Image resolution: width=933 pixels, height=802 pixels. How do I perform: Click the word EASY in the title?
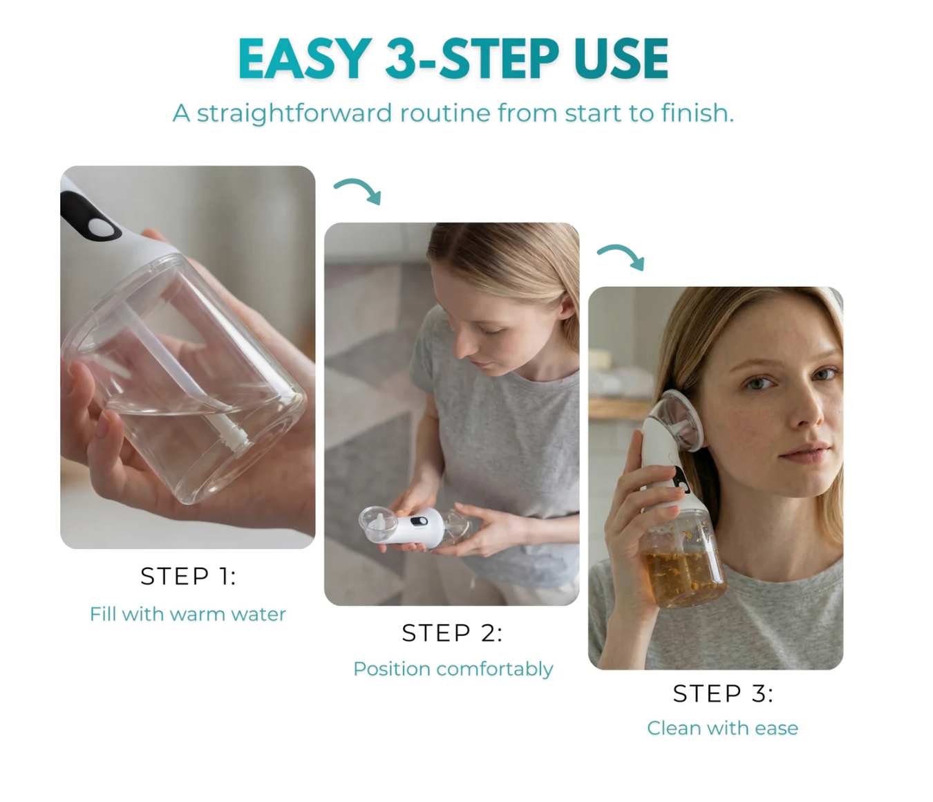click(x=304, y=59)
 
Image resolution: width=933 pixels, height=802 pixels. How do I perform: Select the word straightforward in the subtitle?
click(x=294, y=113)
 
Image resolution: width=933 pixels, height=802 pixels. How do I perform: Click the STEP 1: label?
click(x=188, y=576)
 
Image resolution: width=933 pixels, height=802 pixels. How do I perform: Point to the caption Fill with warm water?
click(x=188, y=614)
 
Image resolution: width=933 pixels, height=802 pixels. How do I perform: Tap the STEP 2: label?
click(x=452, y=633)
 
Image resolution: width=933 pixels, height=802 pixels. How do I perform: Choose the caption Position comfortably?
click(x=453, y=669)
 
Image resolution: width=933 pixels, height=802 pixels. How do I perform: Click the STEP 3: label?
click(x=723, y=693)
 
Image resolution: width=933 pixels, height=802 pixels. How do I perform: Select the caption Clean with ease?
click(x=722, y=728)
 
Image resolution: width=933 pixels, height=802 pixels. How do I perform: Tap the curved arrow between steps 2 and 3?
click(x=621, y=256)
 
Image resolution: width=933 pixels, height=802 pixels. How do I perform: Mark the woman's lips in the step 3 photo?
click(x=805, y=453)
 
